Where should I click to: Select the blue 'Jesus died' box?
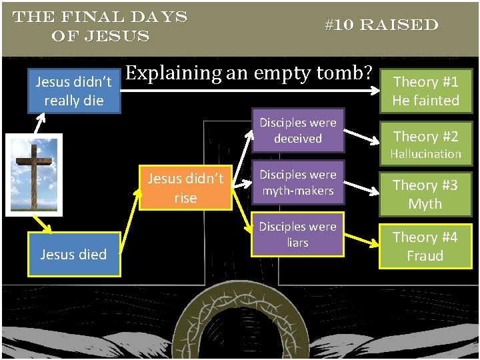pyautogui.click(x=73, y=254)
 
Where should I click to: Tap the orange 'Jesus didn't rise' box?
pyautogui.click(x=185, y=188)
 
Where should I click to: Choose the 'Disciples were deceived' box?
pyautogui.click(x=298, y=131)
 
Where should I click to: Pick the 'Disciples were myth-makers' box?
pyautogui.click(x=298, y=182)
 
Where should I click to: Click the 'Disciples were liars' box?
pyautogui.click(x=298, y=235)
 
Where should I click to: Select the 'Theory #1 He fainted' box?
pyautogui.click(x=425, y=91)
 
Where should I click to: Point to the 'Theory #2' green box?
pyautogui.click(x=425, y=137)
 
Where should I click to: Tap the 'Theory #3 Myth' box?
pyautogui.click(x=425, y=193)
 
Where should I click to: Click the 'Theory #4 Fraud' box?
pyautogui.click(x=425, y=246)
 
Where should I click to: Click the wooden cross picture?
pyautogui.click(x=34, y=175)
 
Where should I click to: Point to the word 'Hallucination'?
pyautogui.click(x=425, y=154)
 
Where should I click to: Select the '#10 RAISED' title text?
pyautogui.click(x=381, y=25)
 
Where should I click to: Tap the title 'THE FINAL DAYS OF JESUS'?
pyautogui.click(x=100, y=26)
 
